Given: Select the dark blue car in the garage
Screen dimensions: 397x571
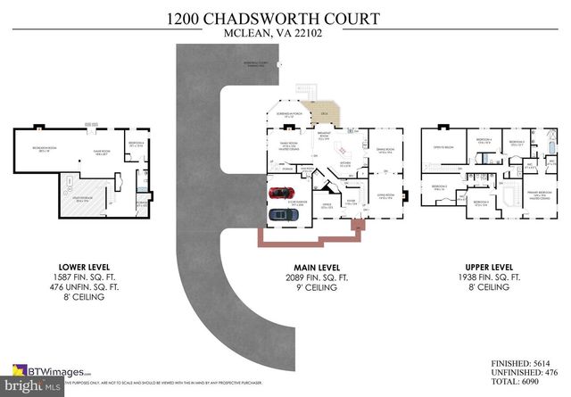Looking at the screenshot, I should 284,216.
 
